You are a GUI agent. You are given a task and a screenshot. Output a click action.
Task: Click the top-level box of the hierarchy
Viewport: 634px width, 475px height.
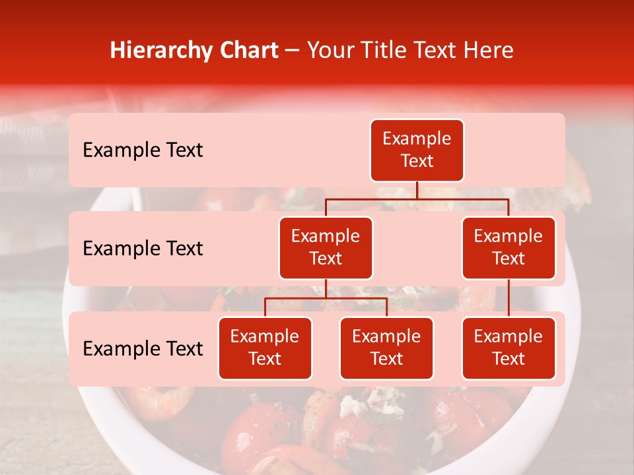417,150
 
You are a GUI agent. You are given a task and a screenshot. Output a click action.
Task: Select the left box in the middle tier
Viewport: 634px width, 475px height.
326,248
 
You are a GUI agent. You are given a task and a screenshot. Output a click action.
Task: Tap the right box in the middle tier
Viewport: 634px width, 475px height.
509,248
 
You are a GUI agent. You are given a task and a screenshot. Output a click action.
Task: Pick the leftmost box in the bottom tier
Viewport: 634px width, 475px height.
265,348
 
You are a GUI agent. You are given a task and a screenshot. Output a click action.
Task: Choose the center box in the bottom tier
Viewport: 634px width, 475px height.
386,348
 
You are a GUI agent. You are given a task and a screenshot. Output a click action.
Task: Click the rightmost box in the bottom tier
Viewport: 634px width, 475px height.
509,348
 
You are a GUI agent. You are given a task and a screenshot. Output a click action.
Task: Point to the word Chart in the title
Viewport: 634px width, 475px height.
246,51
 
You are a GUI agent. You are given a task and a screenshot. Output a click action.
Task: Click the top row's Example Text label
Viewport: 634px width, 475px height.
143,150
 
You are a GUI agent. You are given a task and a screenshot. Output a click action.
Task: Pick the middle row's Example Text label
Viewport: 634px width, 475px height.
143,249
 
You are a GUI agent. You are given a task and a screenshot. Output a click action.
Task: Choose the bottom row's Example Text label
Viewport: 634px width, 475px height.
143,349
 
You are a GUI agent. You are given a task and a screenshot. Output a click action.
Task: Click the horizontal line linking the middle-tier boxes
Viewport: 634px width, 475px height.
417,199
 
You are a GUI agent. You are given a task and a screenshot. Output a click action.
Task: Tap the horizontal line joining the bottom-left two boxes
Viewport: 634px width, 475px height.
326,298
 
